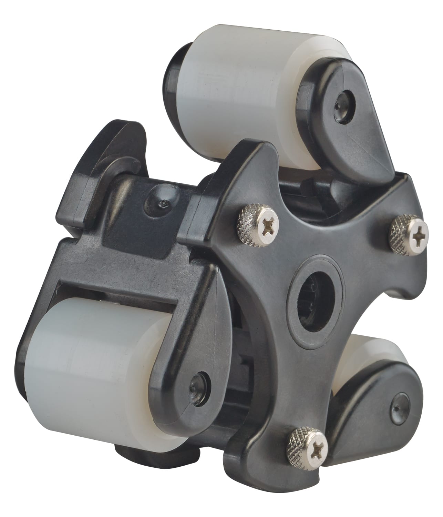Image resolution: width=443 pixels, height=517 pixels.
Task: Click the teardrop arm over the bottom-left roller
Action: tap(189, 338)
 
